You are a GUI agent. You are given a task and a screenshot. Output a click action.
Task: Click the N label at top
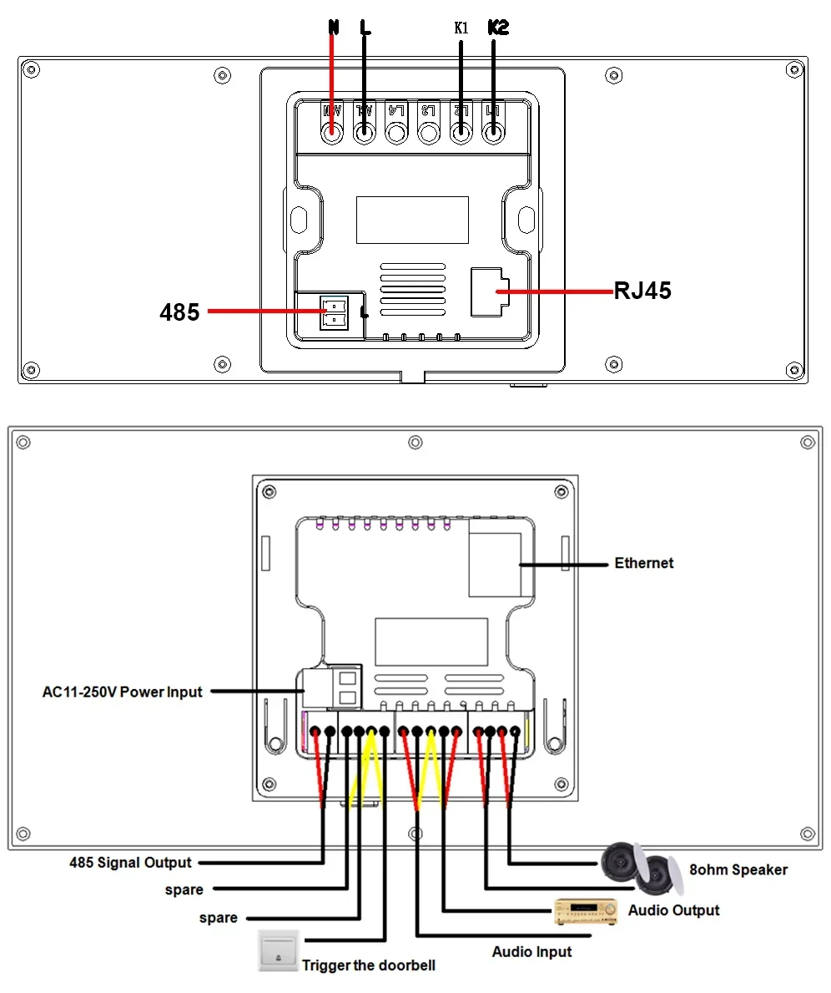click(334, 28)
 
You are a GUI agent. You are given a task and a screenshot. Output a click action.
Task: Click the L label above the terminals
click(365, 28)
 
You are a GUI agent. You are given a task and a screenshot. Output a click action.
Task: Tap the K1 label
click(461, 28)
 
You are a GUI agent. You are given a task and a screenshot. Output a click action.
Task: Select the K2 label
click(497, 28)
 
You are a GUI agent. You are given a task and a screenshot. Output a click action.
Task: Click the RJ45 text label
click(642, 291)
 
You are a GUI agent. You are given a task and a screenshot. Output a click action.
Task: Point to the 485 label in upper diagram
click(179, 312)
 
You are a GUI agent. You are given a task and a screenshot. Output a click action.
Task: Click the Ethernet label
click(643, 563)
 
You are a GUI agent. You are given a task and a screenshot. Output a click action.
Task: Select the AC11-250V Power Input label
click(123, 692)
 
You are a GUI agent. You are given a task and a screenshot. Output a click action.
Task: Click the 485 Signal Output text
click(130, 862)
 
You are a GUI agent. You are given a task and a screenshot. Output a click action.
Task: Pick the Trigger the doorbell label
click(368, 965)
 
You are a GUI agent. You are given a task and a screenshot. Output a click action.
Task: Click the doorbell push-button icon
click(277, 950)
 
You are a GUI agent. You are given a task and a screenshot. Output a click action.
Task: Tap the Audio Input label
click(531, 951)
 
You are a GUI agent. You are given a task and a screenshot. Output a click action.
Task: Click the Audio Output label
click(673, 909)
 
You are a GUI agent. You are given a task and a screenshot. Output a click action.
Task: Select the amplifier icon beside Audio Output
click(587, 911)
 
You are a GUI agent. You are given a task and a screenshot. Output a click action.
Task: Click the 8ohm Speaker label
click(738, 869)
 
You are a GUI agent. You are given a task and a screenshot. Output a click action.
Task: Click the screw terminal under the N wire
click(333, 132)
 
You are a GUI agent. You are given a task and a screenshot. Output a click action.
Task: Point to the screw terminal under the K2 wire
click(494, 132)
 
